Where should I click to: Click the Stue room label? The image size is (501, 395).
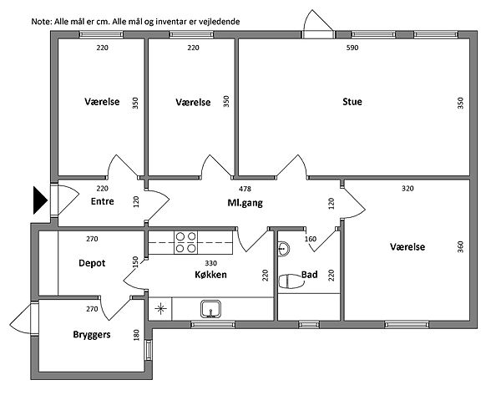(x=352, y=103)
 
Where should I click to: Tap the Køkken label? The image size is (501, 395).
(x=210, y=274)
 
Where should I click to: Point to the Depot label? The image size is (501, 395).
(x=92, y=261)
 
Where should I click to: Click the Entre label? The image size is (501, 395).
(x=102, y=201)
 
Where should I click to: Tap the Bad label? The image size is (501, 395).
(x=309, y=274)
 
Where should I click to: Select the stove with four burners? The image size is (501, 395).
(x=186, y=243)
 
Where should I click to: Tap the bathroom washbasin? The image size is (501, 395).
(x=283, y=248)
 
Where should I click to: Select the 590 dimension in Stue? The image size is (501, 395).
(x=352, y=48)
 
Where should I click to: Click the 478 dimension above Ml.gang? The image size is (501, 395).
(x=245, y=189)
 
